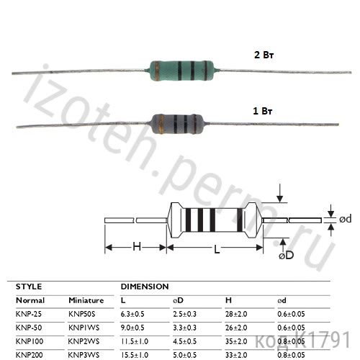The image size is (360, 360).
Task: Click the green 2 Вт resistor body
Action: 180,70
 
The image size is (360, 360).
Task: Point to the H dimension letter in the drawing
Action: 136,248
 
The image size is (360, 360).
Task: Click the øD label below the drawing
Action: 285,256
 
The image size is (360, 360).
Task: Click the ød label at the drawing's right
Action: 345,218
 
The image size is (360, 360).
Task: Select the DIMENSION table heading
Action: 144,287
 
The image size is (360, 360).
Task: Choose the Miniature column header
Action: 86,300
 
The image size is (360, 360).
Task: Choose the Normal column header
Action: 30,300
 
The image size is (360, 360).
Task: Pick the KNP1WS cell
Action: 84,328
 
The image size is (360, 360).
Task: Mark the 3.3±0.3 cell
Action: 189,328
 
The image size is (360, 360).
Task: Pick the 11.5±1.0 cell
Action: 136,341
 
